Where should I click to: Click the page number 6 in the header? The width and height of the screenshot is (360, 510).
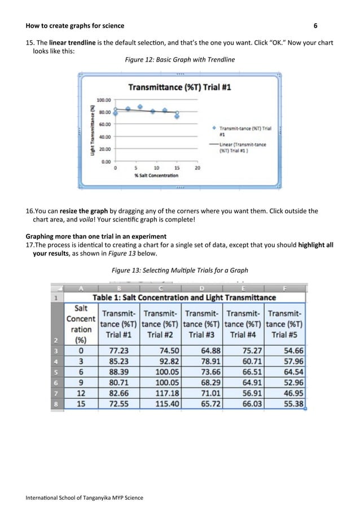[x=315, y=26]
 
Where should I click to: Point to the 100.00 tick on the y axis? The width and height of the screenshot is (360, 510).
[x=103, y=99]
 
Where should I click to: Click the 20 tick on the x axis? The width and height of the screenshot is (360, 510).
[x=197, y=168]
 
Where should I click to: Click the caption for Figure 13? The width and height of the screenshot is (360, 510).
[x=179, y=270]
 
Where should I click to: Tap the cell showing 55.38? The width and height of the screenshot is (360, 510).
[x=286, y=404]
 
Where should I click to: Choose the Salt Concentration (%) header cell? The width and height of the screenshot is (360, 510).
[x=81, y=324]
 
